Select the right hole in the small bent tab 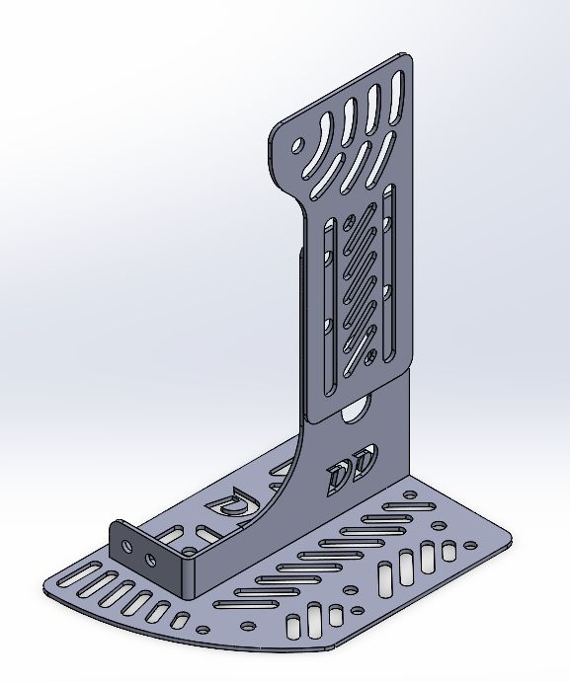click(150, 560)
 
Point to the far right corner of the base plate click(511, 539)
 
